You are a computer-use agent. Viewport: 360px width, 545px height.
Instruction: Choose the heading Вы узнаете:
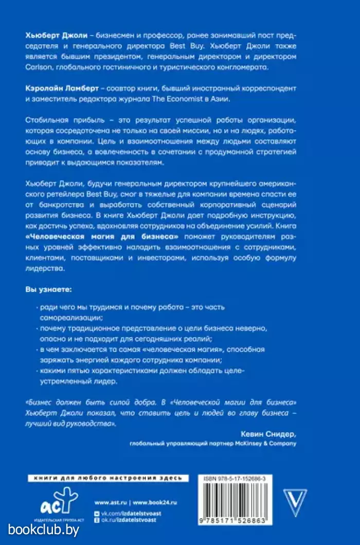click(49, 290)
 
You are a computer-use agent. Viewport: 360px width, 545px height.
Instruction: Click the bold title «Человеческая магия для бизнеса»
click(102, 236)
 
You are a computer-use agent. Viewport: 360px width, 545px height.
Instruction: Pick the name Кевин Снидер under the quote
click(268, 433)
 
